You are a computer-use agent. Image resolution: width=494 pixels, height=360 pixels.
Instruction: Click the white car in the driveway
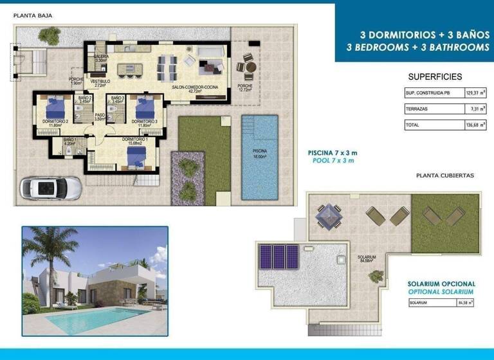(x=51, y=188)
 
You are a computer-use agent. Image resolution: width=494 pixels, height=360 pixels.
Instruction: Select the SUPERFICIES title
(x=435, y=76)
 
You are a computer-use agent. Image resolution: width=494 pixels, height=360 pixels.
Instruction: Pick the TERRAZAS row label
(x=416, y=110)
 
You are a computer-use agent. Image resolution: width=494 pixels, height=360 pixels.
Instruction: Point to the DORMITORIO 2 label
(x=55, y=121)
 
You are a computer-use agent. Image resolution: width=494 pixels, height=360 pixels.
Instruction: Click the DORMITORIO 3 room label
(x=144, y=121)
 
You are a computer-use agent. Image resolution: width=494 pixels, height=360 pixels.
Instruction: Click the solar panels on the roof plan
(x=278, y=256)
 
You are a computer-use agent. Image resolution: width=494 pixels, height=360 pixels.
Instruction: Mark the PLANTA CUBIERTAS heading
(x=445, y=175)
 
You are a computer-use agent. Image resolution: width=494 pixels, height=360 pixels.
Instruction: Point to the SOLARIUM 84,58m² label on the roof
(x=367, y=259)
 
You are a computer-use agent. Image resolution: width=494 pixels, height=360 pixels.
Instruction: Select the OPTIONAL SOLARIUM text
(x=441, y=291)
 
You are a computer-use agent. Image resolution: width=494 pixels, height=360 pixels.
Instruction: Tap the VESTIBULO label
(x=100, y=82)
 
